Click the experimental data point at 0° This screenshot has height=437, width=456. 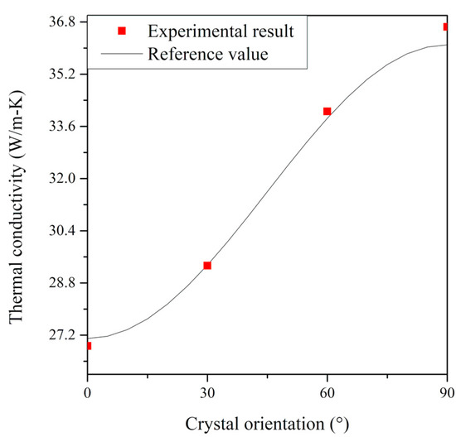coord(88,345)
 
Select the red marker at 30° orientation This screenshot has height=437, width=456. coord(207,266)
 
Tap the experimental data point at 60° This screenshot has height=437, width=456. coord(327,111)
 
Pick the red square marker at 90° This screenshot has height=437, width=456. coord(446,27)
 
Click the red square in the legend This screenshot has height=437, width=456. coord(122,31)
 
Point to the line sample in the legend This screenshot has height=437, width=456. coord(122,55)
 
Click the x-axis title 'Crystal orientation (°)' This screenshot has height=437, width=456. coord(267,424)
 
